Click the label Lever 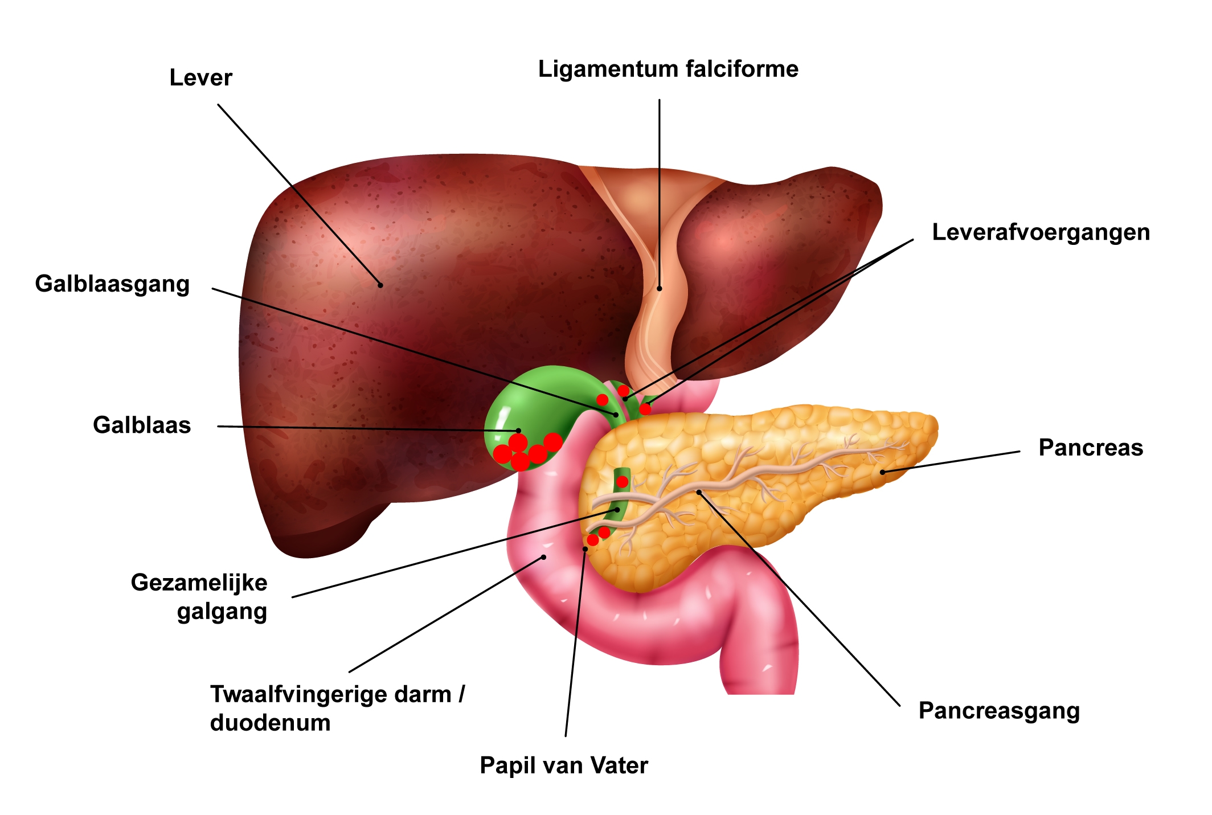click(x=200, y=77)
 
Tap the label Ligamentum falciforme click(x=668, y=69)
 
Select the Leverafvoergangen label click(x=1041, y=232)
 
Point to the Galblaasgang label click(x=112, y=284)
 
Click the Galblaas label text click(x=142, y=425)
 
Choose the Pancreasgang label click(x=999, y=711)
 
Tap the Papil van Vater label click(x=564, y=765)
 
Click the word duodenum click(x=271, y=723)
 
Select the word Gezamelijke click(x=199, y=583)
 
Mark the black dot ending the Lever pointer click(x=380, y=285)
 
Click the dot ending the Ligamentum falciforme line click(x=660, y=289)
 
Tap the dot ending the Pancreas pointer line click(x=882, y=472)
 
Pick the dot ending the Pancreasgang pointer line click(x=699, y=492)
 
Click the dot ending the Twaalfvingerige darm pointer click(x=544, y=557)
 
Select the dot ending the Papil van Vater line click(x=585, y=549)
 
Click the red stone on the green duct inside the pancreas click(x=623, y=482)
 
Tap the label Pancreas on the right click(x=1091, y=448)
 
